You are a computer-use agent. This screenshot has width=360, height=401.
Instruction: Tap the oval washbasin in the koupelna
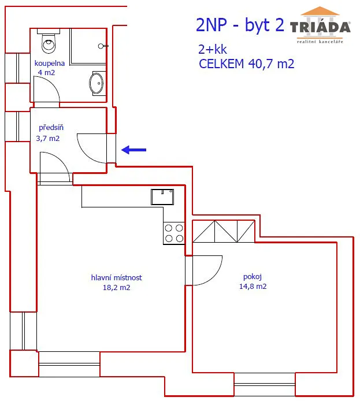97,83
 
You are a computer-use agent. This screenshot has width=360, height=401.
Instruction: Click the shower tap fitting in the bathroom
103,46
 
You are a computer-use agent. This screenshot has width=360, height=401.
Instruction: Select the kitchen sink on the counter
162,197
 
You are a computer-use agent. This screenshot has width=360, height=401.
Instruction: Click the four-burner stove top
174,233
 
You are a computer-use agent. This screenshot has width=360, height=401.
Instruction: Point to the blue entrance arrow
133,150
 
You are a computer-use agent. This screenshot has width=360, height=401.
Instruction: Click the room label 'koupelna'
50,63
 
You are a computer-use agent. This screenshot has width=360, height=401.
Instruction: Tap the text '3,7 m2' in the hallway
48,138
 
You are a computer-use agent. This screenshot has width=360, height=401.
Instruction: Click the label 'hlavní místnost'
116,277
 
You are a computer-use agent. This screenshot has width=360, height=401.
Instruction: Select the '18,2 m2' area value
116,287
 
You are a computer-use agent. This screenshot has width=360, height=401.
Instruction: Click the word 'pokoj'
253,277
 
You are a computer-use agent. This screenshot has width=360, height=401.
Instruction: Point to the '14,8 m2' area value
253,286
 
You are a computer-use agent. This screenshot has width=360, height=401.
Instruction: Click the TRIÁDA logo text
320,27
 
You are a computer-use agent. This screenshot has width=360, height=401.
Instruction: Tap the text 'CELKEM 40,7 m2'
247,64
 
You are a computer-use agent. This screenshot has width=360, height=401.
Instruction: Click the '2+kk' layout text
213,49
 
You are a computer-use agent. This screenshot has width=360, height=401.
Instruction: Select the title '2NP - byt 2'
240,25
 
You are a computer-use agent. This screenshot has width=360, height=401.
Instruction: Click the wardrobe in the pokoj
224,231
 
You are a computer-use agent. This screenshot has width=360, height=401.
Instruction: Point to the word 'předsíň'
51,127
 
